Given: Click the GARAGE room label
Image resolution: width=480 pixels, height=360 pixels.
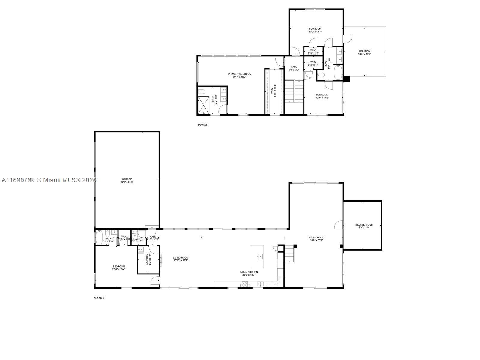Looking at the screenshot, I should tap(127, 179).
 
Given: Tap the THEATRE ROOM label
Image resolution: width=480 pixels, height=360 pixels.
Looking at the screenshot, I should tap(364, 225).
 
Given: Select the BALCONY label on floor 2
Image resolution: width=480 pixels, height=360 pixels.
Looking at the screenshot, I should tap(364, 51).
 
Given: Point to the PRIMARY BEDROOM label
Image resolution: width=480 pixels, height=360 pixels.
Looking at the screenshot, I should tap(240, 74).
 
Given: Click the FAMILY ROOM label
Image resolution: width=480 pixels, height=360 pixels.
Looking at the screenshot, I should tap(316, 238).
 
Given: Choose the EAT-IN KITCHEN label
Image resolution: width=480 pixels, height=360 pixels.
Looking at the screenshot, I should tap(249, 272).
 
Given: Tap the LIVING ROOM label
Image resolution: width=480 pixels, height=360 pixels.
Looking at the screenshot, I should tap(181, 257).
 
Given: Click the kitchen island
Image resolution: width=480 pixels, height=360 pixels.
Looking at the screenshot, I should tap(257, 257).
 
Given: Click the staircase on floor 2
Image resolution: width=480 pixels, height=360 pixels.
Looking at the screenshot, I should tap(294, 91).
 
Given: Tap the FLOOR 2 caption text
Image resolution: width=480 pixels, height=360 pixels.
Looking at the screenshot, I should tap(202, 125).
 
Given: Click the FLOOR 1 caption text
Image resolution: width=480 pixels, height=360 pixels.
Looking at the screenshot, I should tap(99, 298).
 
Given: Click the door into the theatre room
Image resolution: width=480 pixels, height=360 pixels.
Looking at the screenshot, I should tap(339, 225).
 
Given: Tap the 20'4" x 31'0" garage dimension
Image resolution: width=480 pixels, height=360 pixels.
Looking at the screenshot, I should tap(127, 182).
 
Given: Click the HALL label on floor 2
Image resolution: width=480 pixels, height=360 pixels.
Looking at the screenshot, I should tap(294, 67).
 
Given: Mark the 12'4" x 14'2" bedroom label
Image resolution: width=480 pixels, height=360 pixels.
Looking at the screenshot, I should tap(322, 97).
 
